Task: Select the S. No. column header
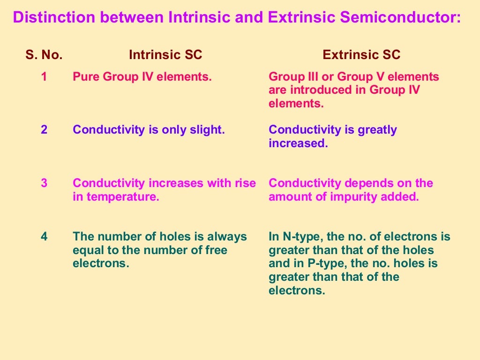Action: point(44,55)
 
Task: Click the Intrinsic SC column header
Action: point(165,55)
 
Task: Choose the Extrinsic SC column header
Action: point(361,55)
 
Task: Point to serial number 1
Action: point(44,77)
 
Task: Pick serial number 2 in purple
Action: point(44,130)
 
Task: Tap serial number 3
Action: point(44,183)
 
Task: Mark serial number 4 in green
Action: point(44,237)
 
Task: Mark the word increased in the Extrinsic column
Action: point(298,143)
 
